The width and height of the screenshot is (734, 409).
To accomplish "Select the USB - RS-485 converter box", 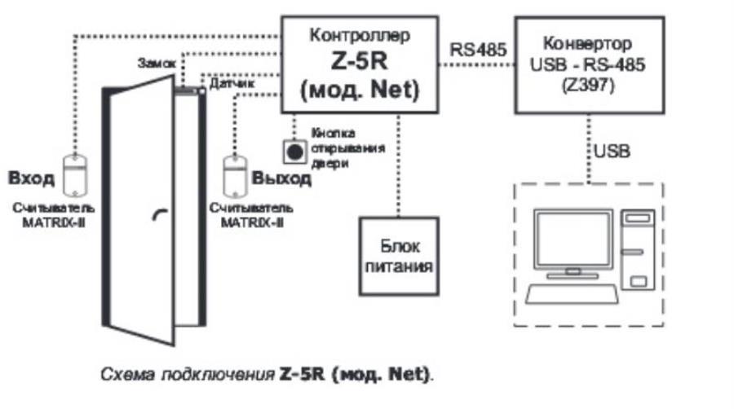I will coord(586,64).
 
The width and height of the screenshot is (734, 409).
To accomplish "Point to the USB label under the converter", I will coord(612,152).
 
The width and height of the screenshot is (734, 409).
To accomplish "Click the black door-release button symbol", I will coord(294,150).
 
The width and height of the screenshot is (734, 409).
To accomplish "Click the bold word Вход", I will coord(31,177).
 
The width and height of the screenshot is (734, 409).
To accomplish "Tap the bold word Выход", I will coord(281,178).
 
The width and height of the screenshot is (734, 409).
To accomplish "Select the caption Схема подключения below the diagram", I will coord(188,376).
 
